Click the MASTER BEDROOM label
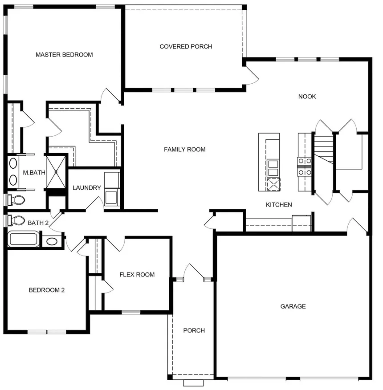tap(64, 55)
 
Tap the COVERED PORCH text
tap(186, 46)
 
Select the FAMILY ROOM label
tap(185, 150)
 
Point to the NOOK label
tap(307, 97)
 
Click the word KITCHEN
tap(279, 205)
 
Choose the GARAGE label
tap(293, 306)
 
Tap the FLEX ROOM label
tap(137, 275)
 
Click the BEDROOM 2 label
tap(47, 290)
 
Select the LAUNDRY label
tap(87, 188)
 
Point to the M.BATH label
tap(34, 173)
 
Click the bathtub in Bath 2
tap(24, 239)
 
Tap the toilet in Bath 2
tap(16, 220)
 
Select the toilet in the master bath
tap(16, 200)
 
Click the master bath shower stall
tap(56, 172)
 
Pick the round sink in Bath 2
tap(52, 241)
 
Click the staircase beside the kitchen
tap(323, 150)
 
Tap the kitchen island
tap(269, 162)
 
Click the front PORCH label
tap(194, 330)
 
